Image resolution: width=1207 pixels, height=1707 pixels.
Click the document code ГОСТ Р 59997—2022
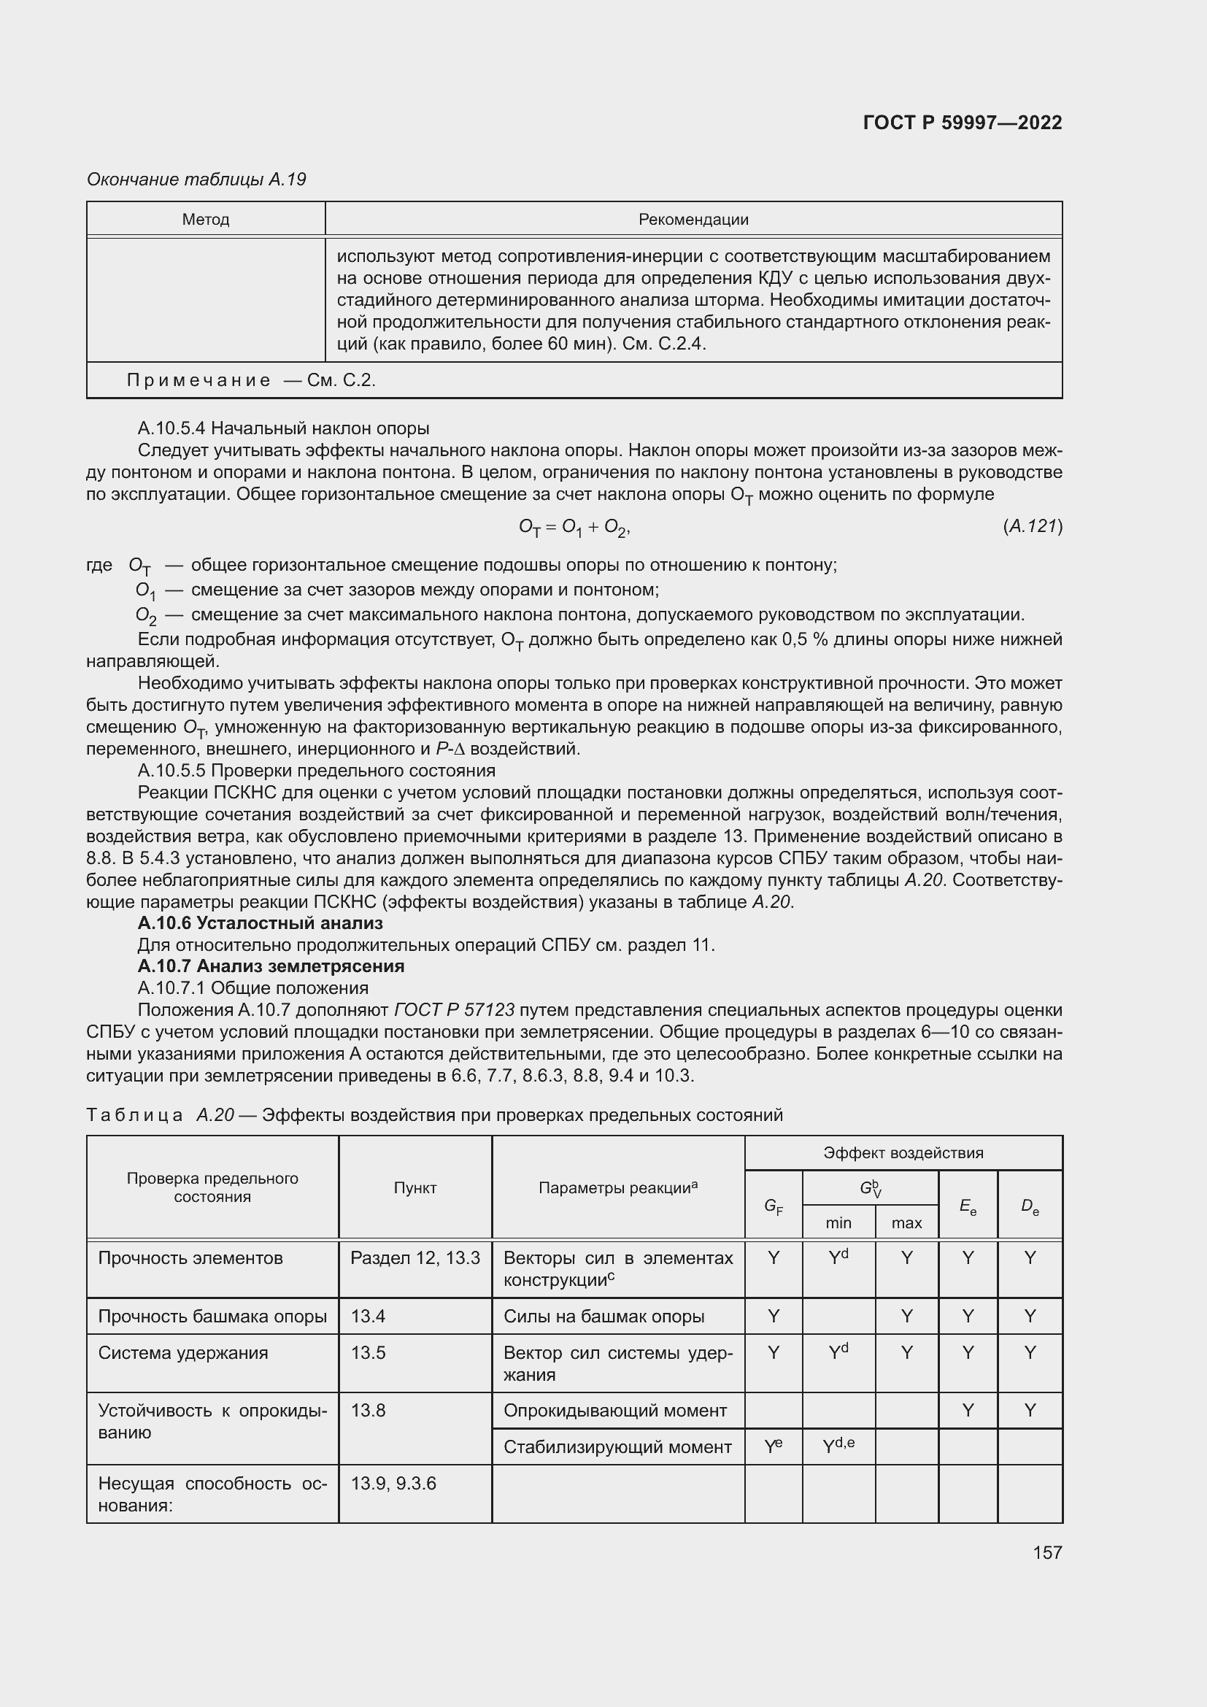[962, 123]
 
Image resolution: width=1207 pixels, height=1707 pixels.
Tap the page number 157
[1046, 1552]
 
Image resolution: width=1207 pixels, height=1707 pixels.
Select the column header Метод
[206, 220]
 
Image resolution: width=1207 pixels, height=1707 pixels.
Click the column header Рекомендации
[693, 220]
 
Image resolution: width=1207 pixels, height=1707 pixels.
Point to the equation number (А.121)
[1033, 526]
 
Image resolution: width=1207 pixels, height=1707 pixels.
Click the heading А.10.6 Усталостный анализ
[260, 923]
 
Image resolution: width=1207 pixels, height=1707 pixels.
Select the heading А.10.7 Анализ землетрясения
[271, 966]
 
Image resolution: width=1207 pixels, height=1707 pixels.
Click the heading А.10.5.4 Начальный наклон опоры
[283, 428]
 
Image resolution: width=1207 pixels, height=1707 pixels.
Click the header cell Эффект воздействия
[903, 1153]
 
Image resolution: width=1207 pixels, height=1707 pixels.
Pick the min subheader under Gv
[838, 1223]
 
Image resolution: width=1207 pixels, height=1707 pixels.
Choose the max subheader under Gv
[907, 1223]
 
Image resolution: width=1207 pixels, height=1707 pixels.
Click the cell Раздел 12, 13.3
[414, 1259]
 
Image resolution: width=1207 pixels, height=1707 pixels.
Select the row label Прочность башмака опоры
[212, 1317]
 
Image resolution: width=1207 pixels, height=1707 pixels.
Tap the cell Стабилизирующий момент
[617, 1447]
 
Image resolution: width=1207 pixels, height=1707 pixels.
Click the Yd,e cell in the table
[838, 1446]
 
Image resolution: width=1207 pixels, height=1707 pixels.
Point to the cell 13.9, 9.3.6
[393, 1484]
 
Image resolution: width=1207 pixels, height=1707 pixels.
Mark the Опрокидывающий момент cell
[614, 1411]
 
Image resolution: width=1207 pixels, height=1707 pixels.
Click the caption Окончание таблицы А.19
[196, 180]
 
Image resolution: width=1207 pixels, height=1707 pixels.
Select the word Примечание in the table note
[198, 381]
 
